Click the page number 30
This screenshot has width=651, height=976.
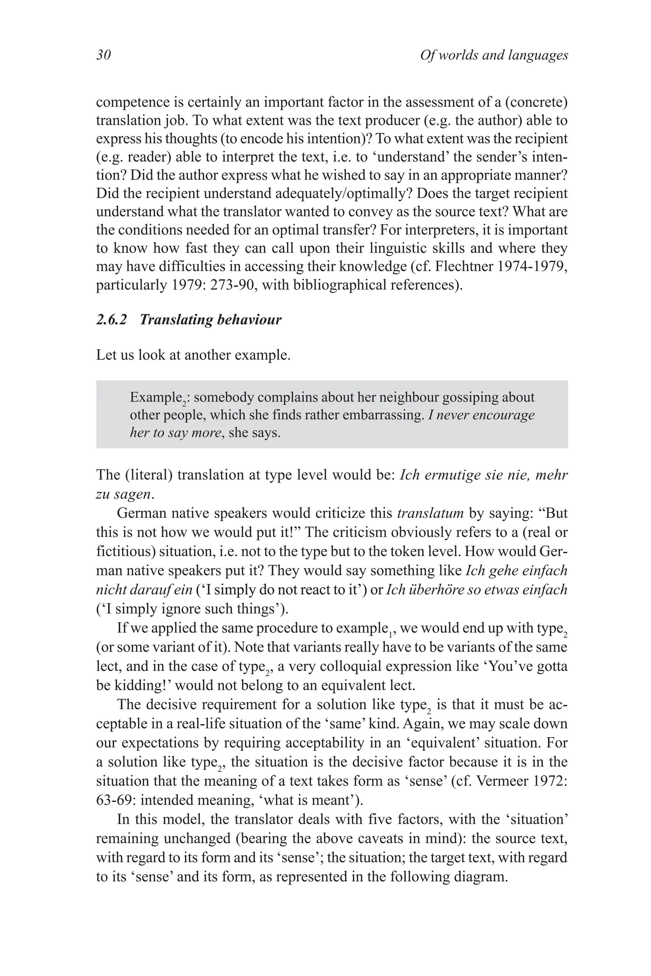click(103, 55)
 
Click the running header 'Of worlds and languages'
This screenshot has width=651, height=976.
click(494, 55)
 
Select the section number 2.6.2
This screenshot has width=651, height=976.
click(111, 320)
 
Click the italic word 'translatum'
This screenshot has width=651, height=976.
click(430, 513)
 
